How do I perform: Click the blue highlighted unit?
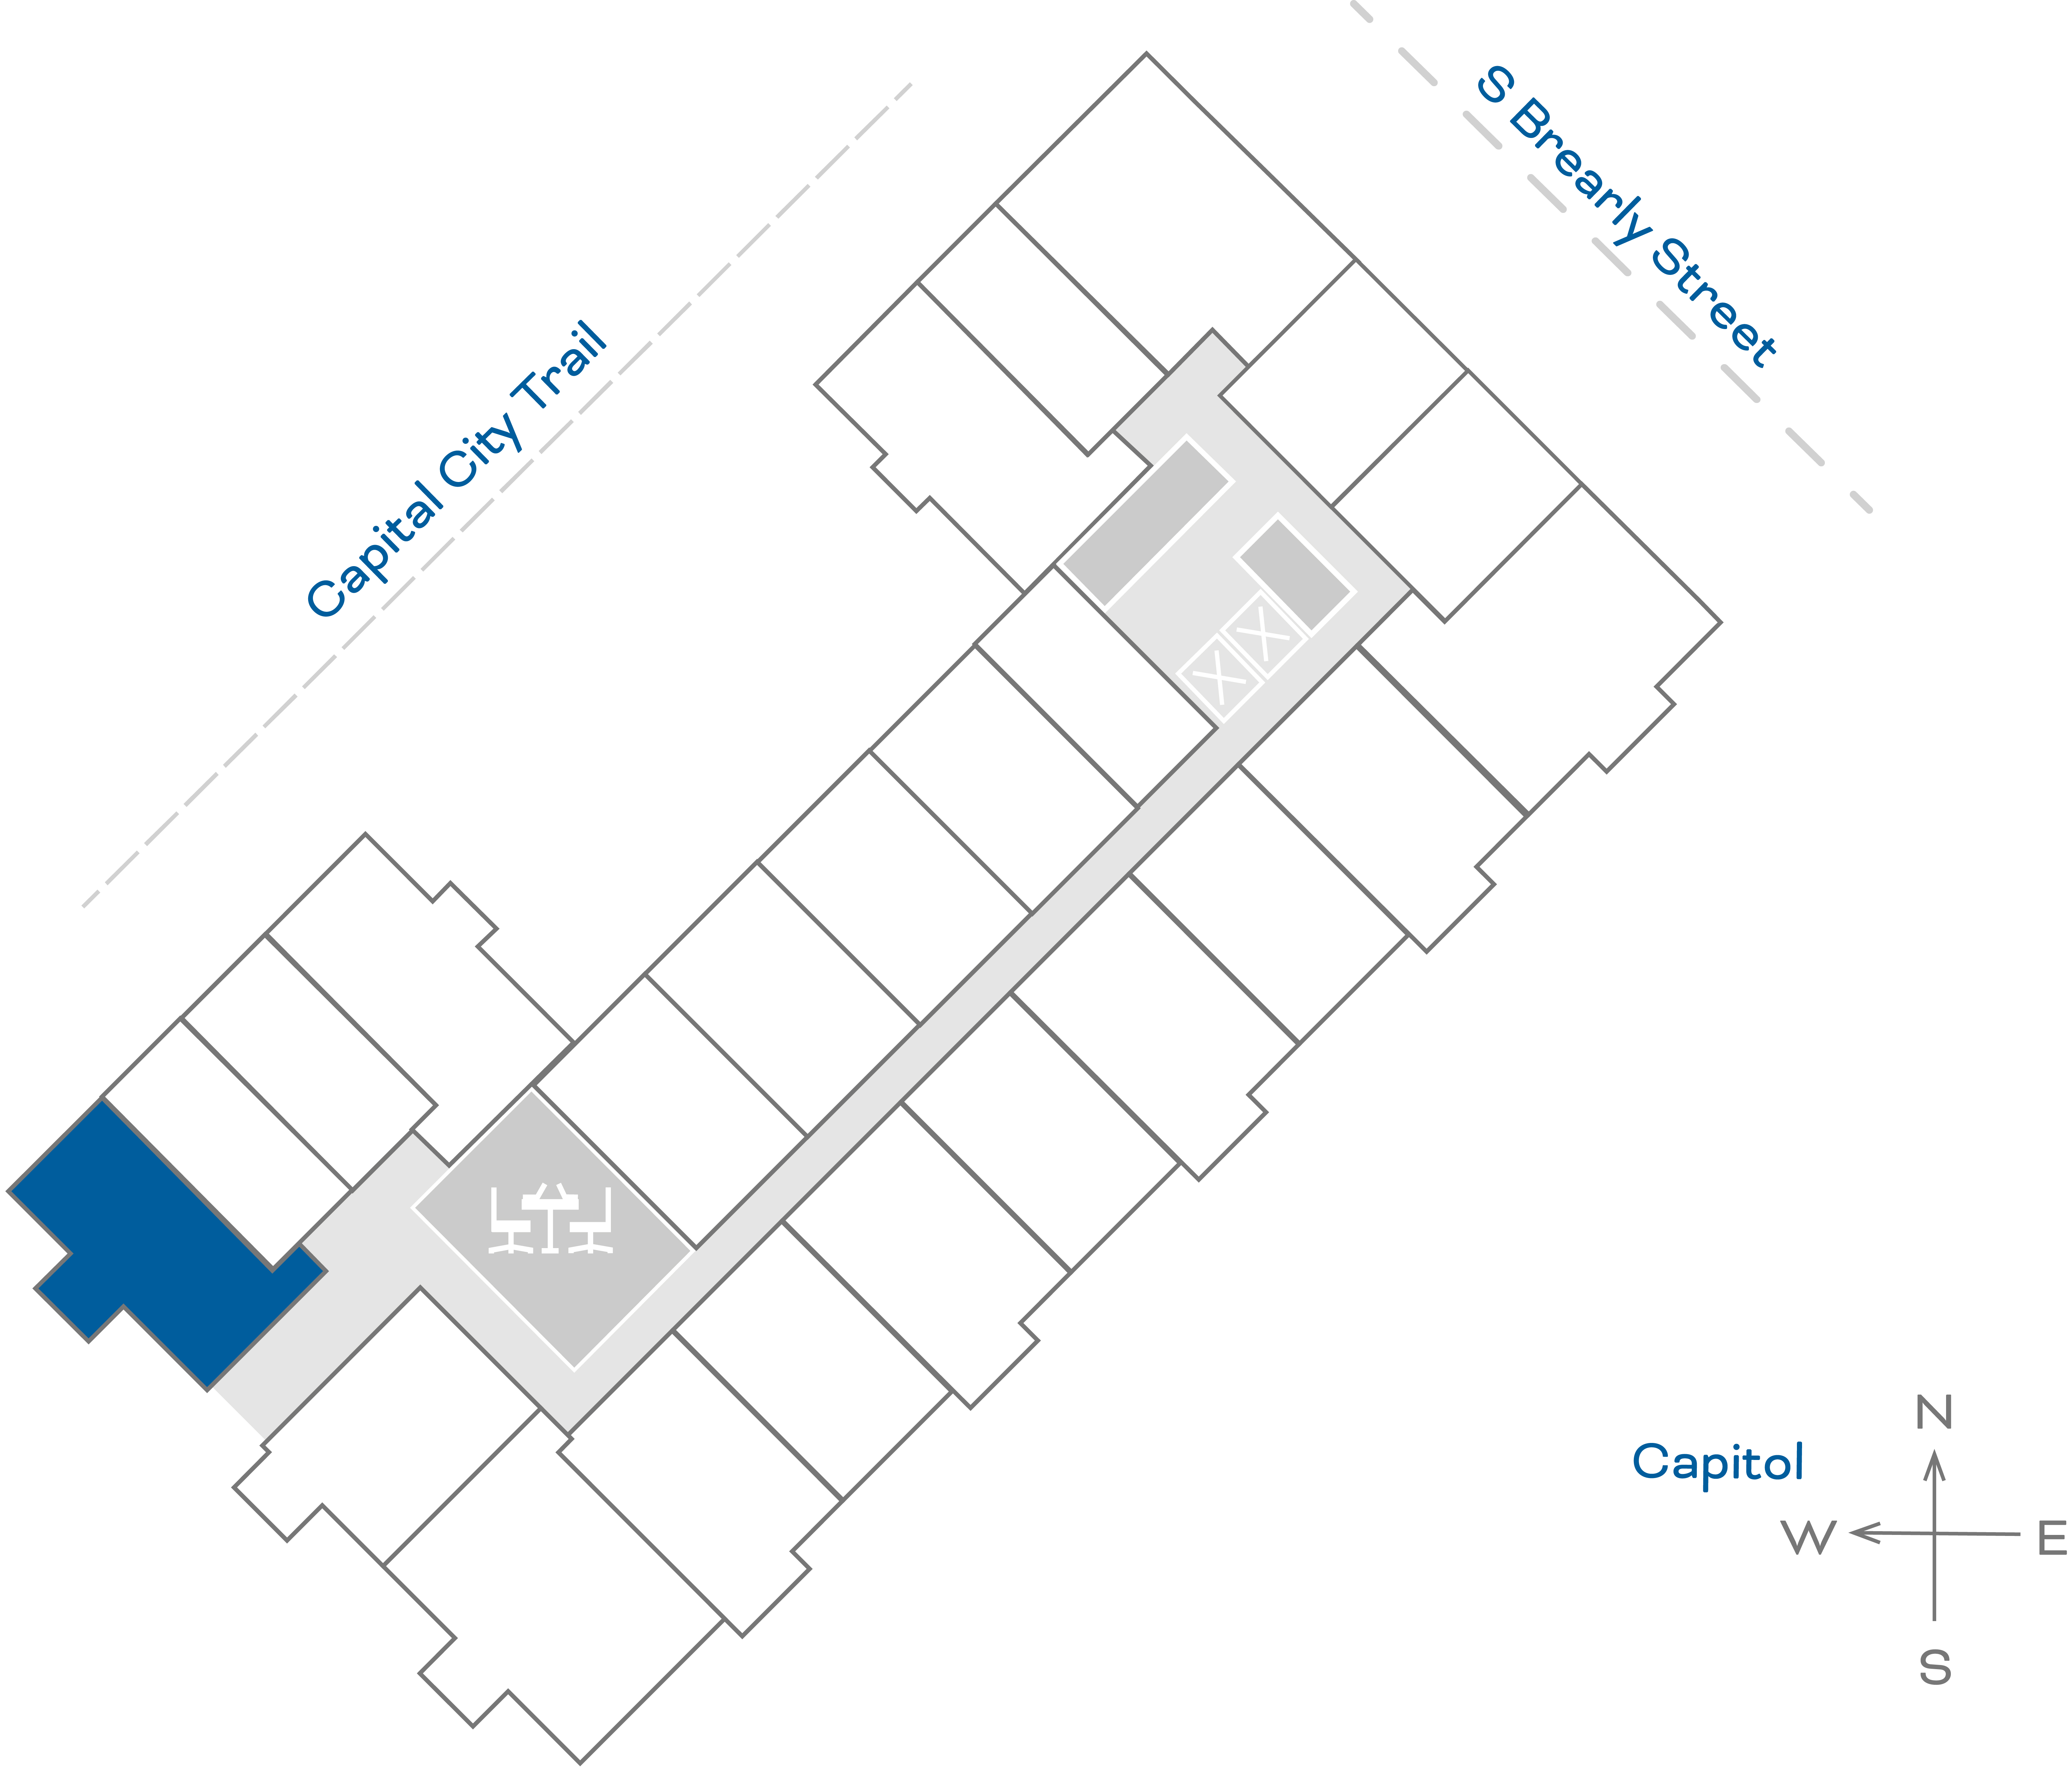pyautogui.click(x=160, y=1239)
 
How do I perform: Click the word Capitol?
pyautogui.click(x=1718, y=1462)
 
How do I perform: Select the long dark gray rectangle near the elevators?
pyautogui.click(x=1146, y=523)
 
